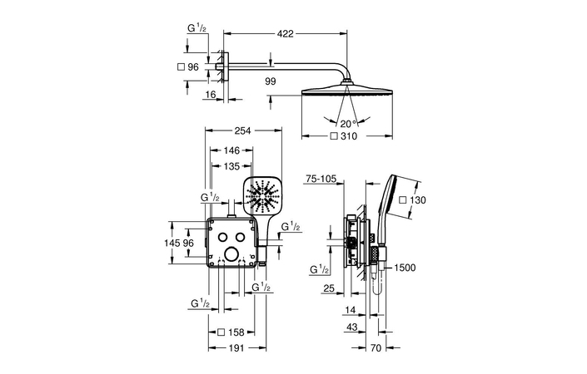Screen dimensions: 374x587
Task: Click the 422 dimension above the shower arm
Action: tap(286, 34)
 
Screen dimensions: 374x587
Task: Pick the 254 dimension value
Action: tap(242, 130)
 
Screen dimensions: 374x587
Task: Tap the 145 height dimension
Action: tap(172, 243)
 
